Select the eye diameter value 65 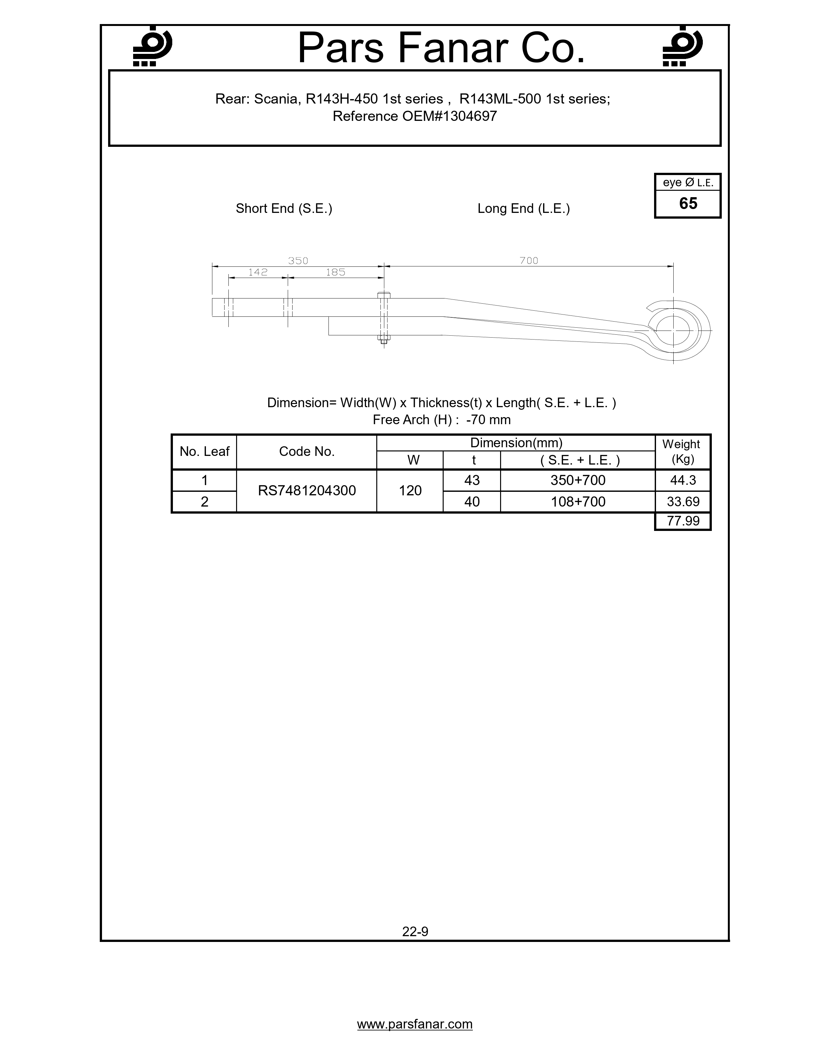[x=688, y=204]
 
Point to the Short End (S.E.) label [x=284, y=209]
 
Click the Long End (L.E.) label [x=524, y=209]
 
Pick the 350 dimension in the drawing [x=298, y=261]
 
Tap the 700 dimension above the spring [x=529, y=261]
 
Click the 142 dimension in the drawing [x=258, y=272]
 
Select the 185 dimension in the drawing [x=335, y=272]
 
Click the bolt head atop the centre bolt [x=384, y=295]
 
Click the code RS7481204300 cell [x=307, y=491]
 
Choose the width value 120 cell [x=410, y=491]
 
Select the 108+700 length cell [x=578, y=502]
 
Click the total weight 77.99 [x=683, y=521]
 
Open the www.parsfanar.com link [x=415, y=1024]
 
